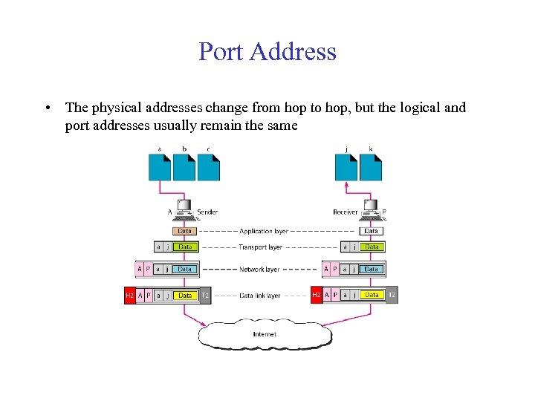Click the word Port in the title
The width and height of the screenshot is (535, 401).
(221, 52)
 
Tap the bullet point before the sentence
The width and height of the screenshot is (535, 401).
(47, 108)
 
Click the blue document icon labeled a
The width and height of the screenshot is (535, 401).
(160, 166)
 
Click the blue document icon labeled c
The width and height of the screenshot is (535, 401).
(208, 166)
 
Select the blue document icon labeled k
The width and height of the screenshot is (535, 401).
(371, 166)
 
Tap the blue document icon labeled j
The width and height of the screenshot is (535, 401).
(347, 166)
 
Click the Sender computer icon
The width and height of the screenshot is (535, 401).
(184, 209)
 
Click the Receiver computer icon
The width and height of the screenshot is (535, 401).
(371, 209)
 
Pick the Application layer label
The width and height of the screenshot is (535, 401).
(264, 232)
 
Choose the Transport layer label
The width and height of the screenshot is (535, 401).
(261, 247)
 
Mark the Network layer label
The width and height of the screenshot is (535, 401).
(259, 269)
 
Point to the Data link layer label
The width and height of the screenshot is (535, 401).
(260, 296)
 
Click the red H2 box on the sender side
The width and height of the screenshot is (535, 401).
(129, 296)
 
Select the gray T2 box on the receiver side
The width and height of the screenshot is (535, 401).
(392, 295)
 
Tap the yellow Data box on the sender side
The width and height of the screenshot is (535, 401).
(185, 296)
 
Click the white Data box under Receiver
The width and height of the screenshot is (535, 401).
(372, 231)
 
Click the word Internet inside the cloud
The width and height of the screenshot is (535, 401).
(265, 334)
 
